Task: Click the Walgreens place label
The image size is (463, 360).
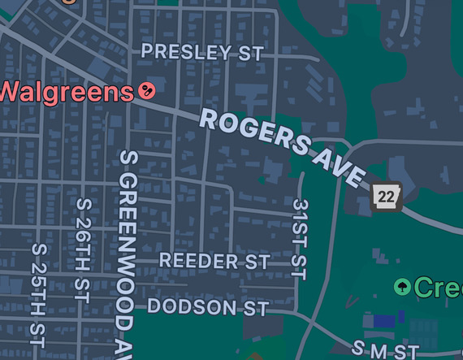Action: click(65, 90)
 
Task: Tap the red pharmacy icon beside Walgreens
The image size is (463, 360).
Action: click(147, 90)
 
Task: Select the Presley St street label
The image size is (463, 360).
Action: click(202, 53)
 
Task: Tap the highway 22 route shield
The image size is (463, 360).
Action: click(386, 197)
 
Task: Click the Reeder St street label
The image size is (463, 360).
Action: click(214, 261)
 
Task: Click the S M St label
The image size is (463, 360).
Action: click(385, 350)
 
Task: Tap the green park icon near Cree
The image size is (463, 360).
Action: click(402, 287)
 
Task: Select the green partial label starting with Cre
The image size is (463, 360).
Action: click(439, 287)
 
